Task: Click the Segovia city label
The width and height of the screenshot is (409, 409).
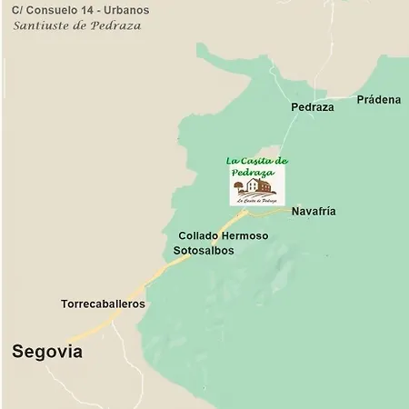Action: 46,352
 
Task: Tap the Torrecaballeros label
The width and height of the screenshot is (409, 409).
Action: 103,304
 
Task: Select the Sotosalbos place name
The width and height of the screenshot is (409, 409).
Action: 204,250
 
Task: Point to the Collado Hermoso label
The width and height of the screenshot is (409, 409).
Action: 224,235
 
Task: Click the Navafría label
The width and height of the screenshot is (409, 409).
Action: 314,211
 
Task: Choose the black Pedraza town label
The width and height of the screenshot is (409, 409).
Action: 313,106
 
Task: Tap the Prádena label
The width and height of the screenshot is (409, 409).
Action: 379,99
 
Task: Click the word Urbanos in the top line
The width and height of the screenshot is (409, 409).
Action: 129,9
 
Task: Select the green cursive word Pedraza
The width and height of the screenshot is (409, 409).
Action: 252,172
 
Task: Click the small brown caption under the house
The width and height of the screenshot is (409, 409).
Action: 256,200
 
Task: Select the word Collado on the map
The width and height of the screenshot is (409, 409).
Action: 200,235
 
